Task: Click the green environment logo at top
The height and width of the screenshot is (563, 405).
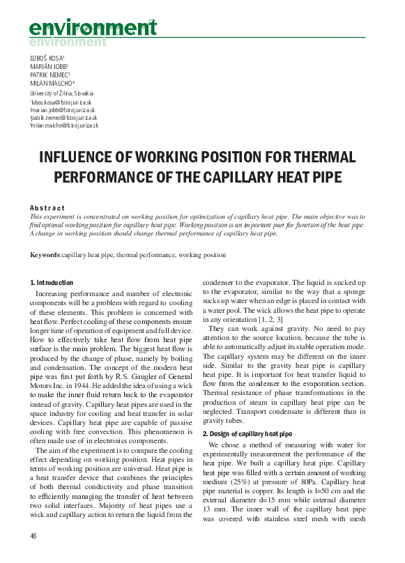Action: [93, 30]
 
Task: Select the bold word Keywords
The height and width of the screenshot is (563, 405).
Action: [45, 255]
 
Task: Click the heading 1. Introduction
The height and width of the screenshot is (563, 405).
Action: [52, 282]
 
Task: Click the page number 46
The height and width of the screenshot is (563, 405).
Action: [33, 535]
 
